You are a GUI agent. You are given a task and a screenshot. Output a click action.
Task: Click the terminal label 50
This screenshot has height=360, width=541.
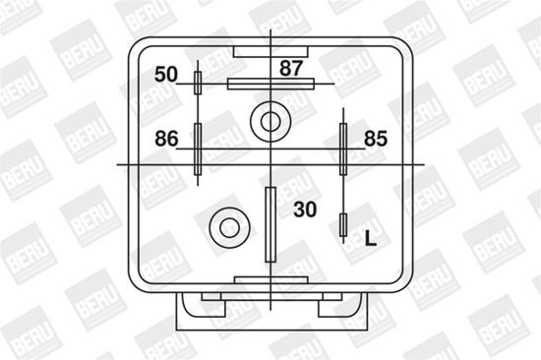[166, 75]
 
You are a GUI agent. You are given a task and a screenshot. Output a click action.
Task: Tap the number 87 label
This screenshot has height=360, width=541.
[291, 68]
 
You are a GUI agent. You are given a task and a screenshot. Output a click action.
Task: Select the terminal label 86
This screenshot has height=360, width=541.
[166, 139]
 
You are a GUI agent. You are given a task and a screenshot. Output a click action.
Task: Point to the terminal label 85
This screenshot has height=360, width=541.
[376, 139]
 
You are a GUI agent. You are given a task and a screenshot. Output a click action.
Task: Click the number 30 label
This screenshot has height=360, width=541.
[305, 210]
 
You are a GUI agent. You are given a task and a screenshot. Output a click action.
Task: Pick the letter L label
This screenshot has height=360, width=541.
[371, 238]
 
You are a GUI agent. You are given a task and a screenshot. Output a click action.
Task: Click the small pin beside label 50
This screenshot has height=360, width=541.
[198, 83]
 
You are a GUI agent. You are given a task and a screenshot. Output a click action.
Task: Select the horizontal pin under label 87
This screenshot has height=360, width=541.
[270, 84]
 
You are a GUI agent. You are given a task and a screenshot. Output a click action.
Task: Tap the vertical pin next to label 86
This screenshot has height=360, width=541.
[198, 150]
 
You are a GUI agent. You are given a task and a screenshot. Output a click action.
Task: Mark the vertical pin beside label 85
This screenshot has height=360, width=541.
[343, 150]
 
